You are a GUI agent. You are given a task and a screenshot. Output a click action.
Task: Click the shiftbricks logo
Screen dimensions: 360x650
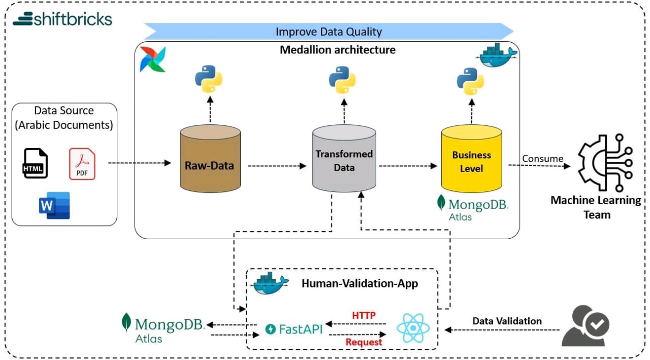pos(62,19)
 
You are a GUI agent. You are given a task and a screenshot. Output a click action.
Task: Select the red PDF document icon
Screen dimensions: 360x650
pos(82,163)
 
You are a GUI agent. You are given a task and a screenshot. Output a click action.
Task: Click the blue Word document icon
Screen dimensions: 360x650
pos(54,205)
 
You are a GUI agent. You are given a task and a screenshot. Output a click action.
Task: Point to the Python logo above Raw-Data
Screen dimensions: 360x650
pos(209,79)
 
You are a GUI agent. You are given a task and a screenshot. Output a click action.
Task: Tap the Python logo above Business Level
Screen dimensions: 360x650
pos(470,82)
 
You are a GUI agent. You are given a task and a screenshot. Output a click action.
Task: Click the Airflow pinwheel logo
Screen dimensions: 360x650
pos(152,59)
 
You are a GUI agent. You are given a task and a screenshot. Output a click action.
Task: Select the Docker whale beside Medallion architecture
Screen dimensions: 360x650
pos(498,55)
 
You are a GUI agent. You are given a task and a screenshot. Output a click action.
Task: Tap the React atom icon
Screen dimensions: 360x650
pos(413,328)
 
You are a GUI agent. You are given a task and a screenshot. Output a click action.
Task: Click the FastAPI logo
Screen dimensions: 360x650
pos(294,329)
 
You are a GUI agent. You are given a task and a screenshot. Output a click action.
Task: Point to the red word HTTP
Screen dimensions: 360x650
pos(364,315)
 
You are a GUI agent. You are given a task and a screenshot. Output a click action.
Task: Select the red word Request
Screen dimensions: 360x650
pos(364,342)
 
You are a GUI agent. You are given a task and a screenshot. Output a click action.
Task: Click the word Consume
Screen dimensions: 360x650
pos(542,158)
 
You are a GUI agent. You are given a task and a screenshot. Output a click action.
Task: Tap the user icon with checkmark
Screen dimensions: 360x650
pos(586,326)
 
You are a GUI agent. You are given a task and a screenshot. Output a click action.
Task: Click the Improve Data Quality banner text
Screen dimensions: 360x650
pos(329,31)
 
